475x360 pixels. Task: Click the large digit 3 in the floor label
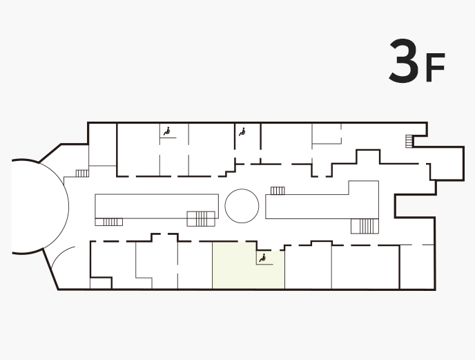click(404, 61)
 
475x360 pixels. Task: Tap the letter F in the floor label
click(436, 67)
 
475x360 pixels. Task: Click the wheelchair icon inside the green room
click(262, 258)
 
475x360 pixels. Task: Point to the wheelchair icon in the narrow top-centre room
click(242, 132)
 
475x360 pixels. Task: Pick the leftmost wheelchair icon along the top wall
click(166, 131)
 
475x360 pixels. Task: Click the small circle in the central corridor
click(242, 206)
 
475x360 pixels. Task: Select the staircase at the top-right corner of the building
click(409, 142)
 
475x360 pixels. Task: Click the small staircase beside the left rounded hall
click(82, 173)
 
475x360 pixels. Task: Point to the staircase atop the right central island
click(278, 191)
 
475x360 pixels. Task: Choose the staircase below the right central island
click(365, 226)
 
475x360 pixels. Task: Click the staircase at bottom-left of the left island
click(109, 222)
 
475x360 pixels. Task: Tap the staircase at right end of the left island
click(201, 218)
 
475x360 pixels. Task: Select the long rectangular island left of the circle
click(157, 206)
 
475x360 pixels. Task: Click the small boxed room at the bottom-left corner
click(101, 283)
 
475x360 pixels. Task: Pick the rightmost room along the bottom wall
click(417, 267)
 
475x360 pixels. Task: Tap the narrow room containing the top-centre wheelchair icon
click(247, 143)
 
